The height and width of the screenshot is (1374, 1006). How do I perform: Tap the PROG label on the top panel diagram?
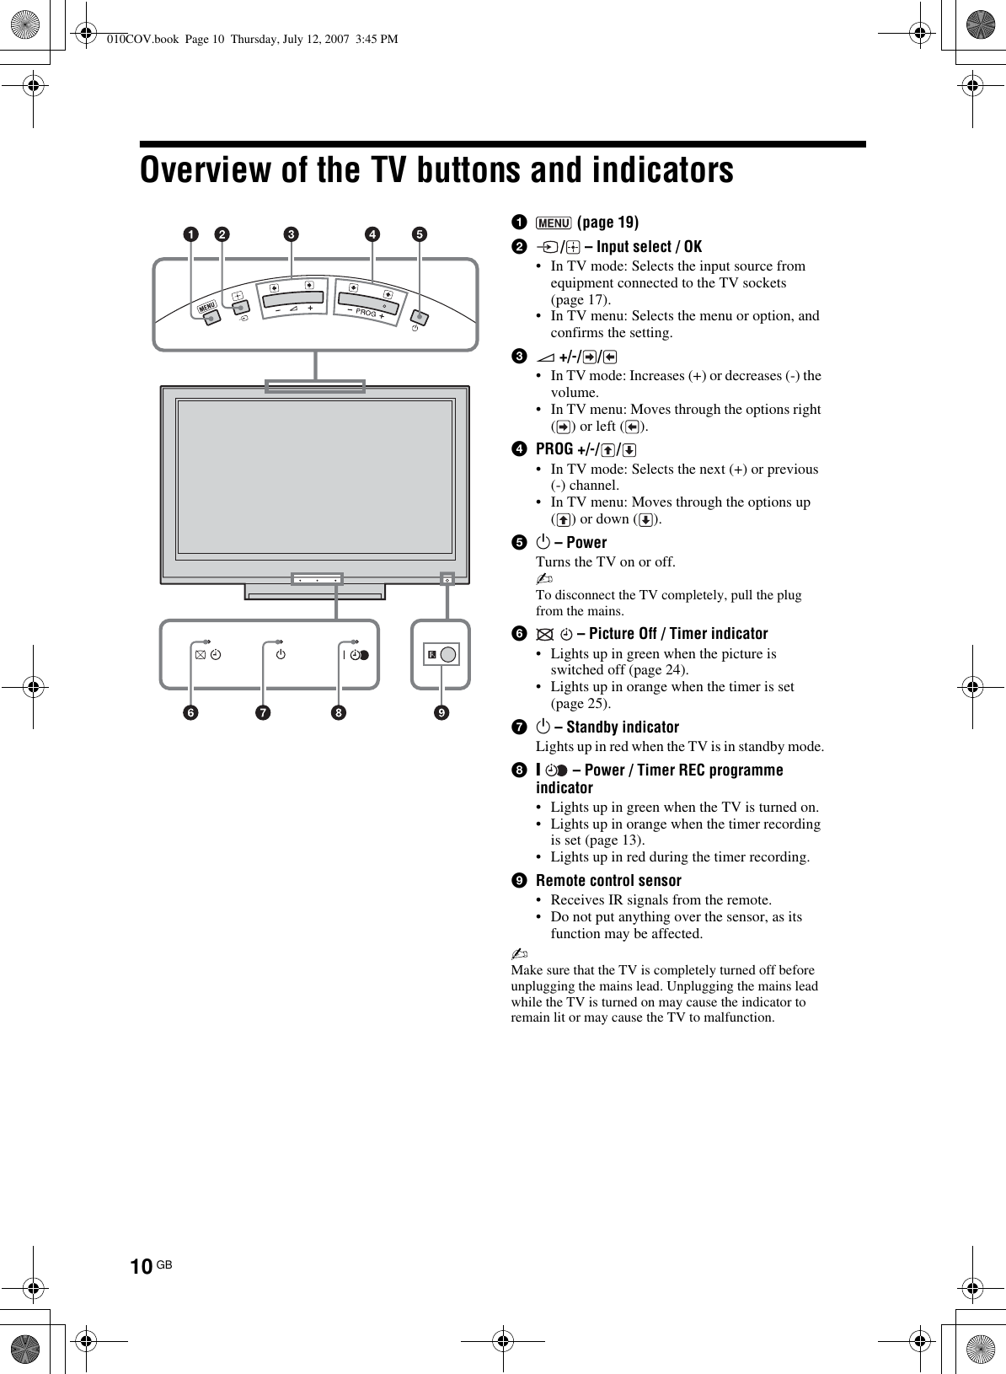(366, 313)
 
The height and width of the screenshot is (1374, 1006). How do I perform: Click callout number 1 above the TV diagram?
(193, 233)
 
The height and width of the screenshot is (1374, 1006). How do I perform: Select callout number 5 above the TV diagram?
(419, 233)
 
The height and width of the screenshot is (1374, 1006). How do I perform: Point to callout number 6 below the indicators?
(193, 713)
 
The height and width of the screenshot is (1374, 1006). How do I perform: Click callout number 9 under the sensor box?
(441, 713)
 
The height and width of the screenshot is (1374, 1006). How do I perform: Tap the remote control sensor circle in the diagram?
(448, 655)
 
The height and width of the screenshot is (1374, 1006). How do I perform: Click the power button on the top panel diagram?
(420, 317)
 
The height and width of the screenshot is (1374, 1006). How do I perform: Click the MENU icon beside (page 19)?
(554, 223)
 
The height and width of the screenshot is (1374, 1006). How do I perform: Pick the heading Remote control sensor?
(608, 881)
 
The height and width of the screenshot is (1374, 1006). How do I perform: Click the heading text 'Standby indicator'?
(623, 727)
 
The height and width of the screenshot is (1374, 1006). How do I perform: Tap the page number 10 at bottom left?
(142, 1267)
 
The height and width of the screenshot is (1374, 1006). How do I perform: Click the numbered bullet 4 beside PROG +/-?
(520, 449)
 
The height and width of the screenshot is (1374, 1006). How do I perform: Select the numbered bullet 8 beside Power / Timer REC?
(520, 770)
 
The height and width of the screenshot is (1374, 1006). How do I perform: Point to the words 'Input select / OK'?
(649, 247)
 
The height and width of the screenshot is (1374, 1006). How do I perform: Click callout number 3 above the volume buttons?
(291, 233)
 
